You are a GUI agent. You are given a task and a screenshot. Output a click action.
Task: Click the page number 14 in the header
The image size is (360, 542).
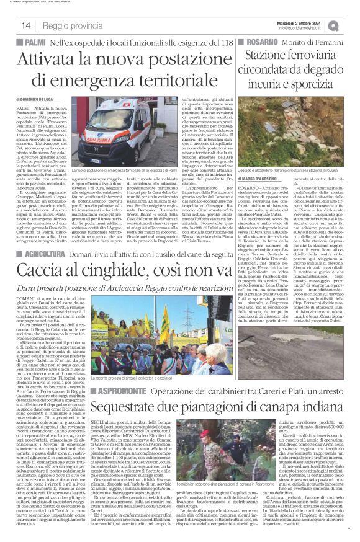click(x=26, y=25)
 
